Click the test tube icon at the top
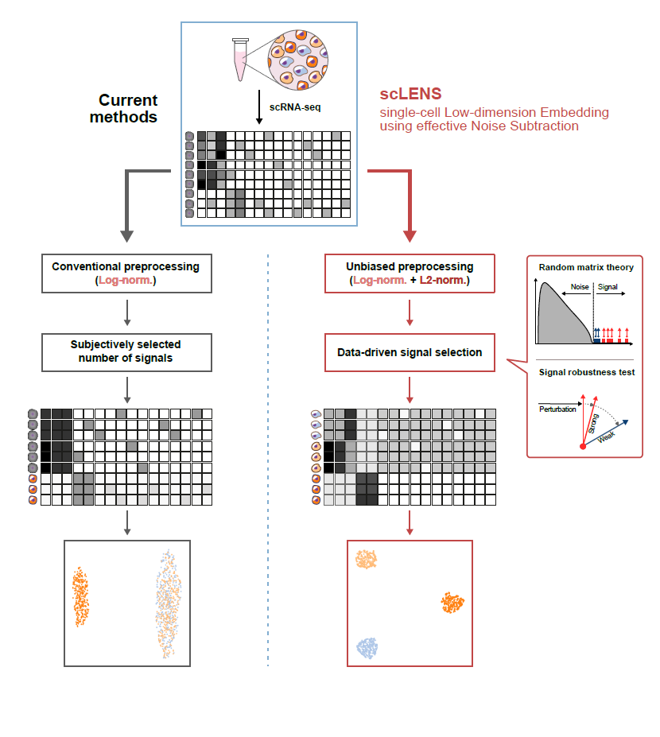(239, 60)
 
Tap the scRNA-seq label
(295, 107)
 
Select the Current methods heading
(127, 109)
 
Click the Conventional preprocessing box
(126, 273)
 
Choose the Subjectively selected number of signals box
(126, 351)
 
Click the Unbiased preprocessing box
(410, 273)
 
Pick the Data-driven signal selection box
(410, 351)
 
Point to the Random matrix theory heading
(586, 267)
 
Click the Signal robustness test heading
(586, 372)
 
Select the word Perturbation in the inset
(557, 409)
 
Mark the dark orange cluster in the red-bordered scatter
(452, 602)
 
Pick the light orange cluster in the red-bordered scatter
(367, 558)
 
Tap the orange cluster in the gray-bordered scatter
(80, 596)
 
